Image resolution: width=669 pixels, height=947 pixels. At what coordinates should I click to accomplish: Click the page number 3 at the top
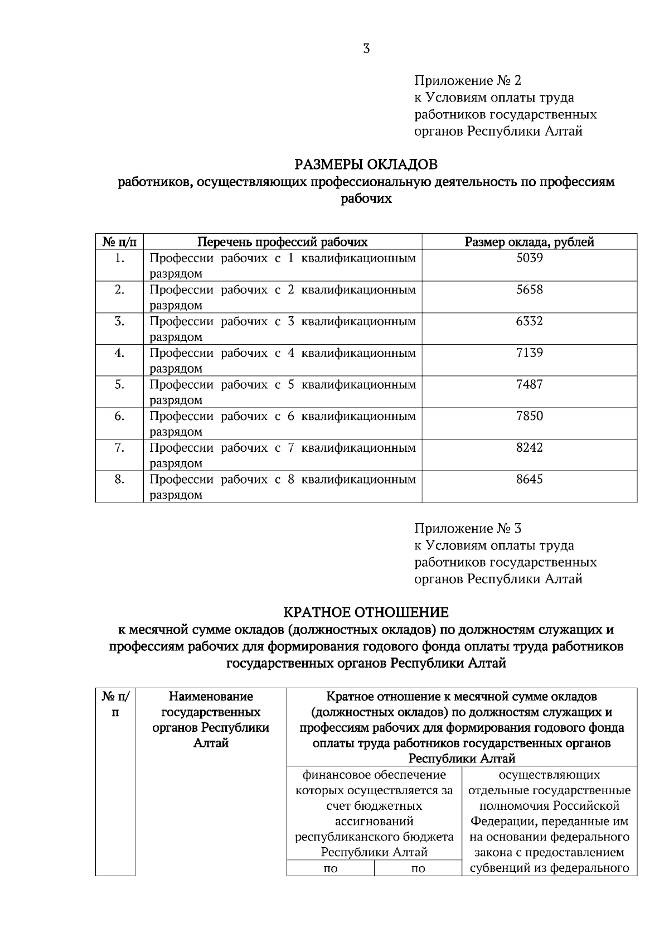click(x=366, y=49)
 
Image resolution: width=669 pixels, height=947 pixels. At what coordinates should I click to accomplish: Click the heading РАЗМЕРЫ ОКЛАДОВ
click(x=366, y=165)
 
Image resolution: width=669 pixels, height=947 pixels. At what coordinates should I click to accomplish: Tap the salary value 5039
click(x=529, y=258)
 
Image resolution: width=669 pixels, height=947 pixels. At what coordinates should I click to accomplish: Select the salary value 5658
click(x=529, y=290)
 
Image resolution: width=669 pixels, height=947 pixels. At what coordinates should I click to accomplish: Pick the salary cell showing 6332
click(x=529, y=322)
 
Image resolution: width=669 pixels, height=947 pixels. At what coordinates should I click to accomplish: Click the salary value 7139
click(x=529, y=353)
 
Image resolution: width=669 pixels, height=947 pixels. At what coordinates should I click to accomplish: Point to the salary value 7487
click(x=529, y=385)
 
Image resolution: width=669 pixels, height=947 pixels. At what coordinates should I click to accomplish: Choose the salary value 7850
click(x=529, y=417)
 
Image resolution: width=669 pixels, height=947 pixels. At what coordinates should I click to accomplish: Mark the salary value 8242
click(x=529, y=448)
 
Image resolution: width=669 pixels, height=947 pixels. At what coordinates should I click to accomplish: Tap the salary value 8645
click(x=529, y=480)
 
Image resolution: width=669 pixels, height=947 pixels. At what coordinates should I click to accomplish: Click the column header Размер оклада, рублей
click(x=529, y=242)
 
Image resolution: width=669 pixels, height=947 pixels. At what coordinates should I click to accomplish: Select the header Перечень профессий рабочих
click(x=283, y=242)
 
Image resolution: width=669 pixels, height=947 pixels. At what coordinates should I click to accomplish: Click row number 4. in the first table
click(x=119, y=353)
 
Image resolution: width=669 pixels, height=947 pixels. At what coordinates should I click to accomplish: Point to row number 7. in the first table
click(x=119, y=448)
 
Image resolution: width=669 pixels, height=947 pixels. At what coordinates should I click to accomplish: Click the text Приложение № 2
click(x=468, y=81)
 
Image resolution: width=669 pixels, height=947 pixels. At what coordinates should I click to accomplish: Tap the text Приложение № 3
click(x=468, y=528)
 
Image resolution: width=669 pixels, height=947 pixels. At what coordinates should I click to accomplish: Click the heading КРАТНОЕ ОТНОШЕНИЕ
click(x=366, y=612)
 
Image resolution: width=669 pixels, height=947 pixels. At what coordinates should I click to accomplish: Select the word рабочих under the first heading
click(x=366, y=199)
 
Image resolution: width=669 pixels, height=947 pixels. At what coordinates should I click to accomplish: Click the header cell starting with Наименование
click(x=211, y=697)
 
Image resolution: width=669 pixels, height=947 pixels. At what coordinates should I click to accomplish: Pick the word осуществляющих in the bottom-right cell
click(x=549, y=775)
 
